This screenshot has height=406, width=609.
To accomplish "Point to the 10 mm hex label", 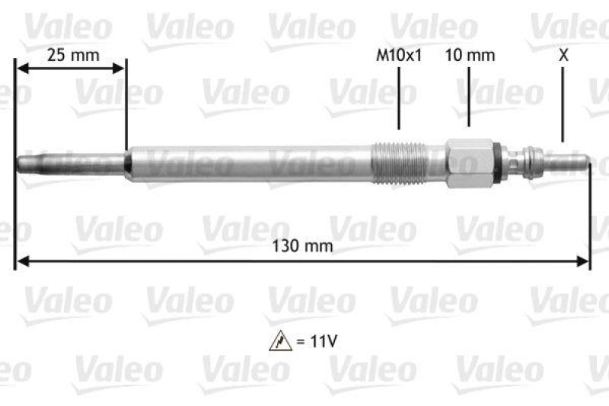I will pyautogui.click(x=470, y=55).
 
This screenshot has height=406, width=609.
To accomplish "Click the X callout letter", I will pyautogui.click(x=563, y=55).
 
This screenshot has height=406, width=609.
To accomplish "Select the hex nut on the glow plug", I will pyautogui.click(x=469, y=162).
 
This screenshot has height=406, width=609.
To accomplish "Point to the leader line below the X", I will pyautogui.click(x=563, y=104).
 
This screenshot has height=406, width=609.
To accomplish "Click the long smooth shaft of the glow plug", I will pyautogui.click(x=251, y=162).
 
